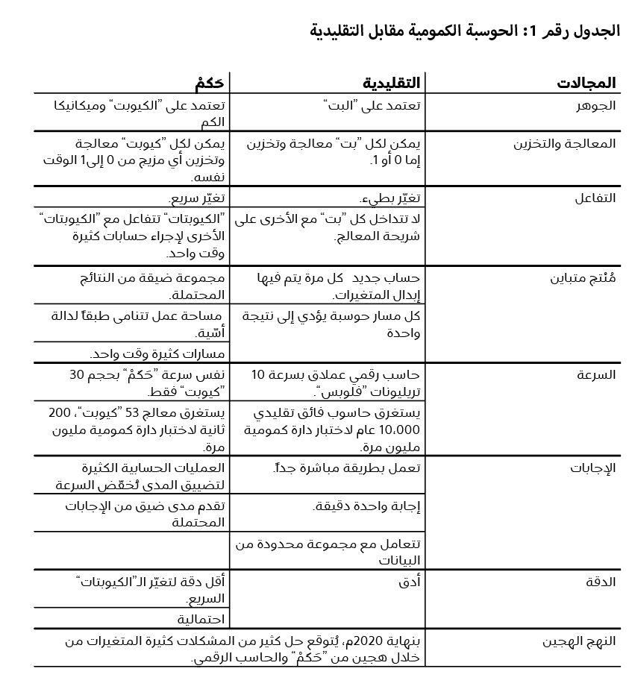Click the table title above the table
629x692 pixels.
[x=464, y=31]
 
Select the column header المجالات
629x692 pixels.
[x=586, y=83]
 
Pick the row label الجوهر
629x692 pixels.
[x=598, y=105]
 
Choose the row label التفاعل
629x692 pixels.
[x=595, y=198]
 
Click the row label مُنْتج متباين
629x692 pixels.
[x=583, y=278]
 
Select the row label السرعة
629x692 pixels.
[x=596, y=374]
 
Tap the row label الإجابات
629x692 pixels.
[x=593, y=468]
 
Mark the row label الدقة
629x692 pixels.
[x=601, y=582]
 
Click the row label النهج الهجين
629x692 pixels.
[x=579, y=641]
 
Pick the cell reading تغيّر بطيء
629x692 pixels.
[x=391, y=198]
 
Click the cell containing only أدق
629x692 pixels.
[x=410, y=582]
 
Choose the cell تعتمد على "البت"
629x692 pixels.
[x=374, y=105]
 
